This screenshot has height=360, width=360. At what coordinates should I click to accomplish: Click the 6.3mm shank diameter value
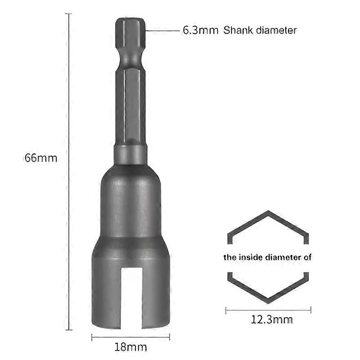click(200, 31)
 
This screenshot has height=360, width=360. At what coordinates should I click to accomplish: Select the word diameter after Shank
click(277, 31)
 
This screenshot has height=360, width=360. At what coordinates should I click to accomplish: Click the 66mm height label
click(41, 158)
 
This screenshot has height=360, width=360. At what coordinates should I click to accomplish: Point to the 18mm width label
click(130, 347)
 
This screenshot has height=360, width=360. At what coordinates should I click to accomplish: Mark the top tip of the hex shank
click(130, 19)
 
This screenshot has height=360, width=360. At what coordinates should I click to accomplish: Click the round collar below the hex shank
click(130, 154)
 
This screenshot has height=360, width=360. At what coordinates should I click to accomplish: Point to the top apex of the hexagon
click(268, 211)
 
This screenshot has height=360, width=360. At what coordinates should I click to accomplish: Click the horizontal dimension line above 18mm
click(130, 337)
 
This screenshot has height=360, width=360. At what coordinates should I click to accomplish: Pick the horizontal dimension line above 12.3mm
click(268, 310)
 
